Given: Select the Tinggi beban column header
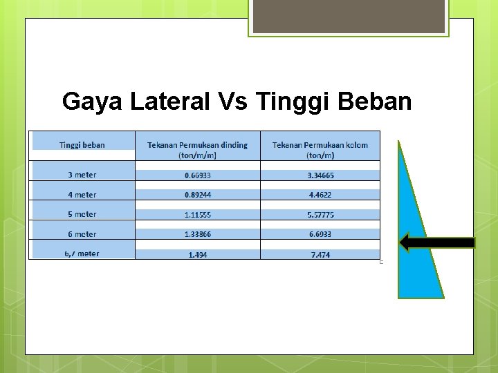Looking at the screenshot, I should coord(82,145).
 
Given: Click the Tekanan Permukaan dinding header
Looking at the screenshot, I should coord(197,149).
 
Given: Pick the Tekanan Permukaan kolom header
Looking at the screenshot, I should coord(320,149).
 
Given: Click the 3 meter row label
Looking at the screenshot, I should coord(82,175).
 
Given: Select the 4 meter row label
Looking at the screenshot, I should coord(82,195).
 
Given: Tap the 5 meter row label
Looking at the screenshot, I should coord(82,214).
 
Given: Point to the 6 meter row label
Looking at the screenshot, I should coord(82,234).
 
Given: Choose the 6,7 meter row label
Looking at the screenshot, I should coord(82,254).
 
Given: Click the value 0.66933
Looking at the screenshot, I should coord(197,175).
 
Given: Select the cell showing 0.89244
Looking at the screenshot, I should coord(197,195).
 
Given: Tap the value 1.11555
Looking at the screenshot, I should coord(197,215).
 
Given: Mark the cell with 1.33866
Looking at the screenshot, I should coord(197,234).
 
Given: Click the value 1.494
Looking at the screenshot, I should coord(197,255).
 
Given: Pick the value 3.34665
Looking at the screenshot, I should coord(320,175).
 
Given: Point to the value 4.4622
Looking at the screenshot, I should coord(320,195).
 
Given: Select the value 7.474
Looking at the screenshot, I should coord(320,255).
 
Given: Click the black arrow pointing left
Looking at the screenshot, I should coord(437,242).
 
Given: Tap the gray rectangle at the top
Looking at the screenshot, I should coord(349,16).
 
